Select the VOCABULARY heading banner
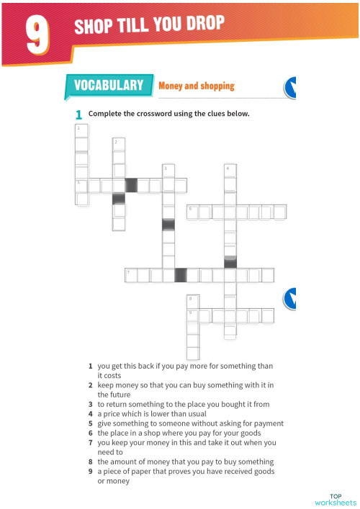109,86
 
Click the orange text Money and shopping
196,86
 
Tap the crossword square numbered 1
81,130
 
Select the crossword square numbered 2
119,145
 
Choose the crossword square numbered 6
192,212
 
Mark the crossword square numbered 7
131,275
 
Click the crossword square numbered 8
193,300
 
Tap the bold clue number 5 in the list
91,423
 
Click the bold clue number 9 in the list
91,471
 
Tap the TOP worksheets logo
336,500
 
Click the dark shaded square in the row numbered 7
181,275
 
